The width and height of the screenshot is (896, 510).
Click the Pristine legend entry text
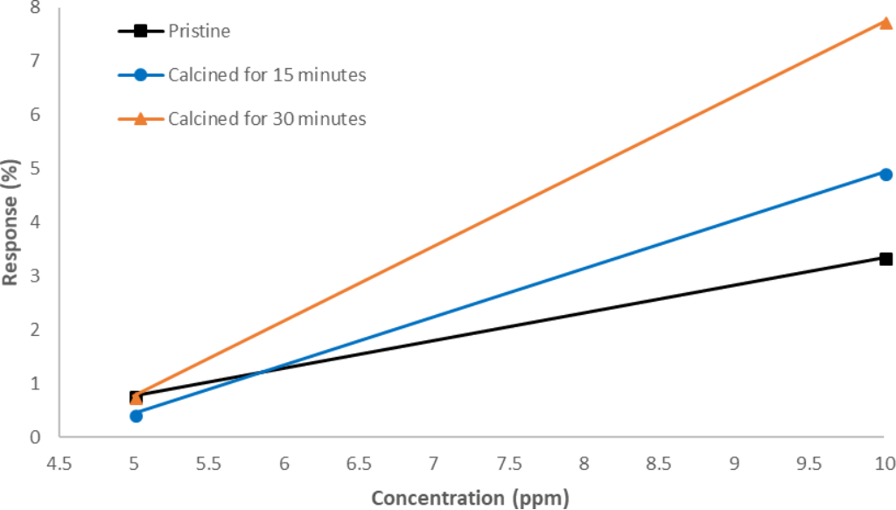pos(199,31)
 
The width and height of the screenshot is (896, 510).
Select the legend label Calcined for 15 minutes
pos(267,75)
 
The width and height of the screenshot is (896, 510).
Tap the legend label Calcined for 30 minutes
pos(267,118)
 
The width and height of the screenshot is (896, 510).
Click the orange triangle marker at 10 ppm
pos(885,23)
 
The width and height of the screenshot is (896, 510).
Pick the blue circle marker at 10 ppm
pos(885,174)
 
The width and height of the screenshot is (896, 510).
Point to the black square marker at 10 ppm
pos(885,259)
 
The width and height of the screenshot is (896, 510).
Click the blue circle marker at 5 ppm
pos(136,416)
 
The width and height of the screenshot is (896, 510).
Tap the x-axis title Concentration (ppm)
pos(470,499)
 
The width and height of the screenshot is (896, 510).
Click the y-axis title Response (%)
pos(10,222)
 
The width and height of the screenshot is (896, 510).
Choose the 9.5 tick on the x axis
pos(809,462)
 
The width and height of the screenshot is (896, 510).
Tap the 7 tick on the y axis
pos(36,61)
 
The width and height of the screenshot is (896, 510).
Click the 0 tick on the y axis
pos(36,437)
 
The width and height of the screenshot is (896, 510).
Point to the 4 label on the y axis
pos(36,222)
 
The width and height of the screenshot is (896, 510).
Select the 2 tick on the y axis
pos(36,330)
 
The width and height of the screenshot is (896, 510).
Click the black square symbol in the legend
pos(140,31)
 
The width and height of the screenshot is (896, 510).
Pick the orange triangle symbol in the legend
pos(140,118)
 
